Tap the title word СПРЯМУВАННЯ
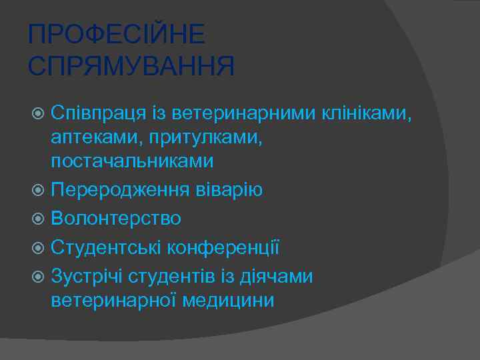point(132,66)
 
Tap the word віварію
point(228,189)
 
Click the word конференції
point(223,248)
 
